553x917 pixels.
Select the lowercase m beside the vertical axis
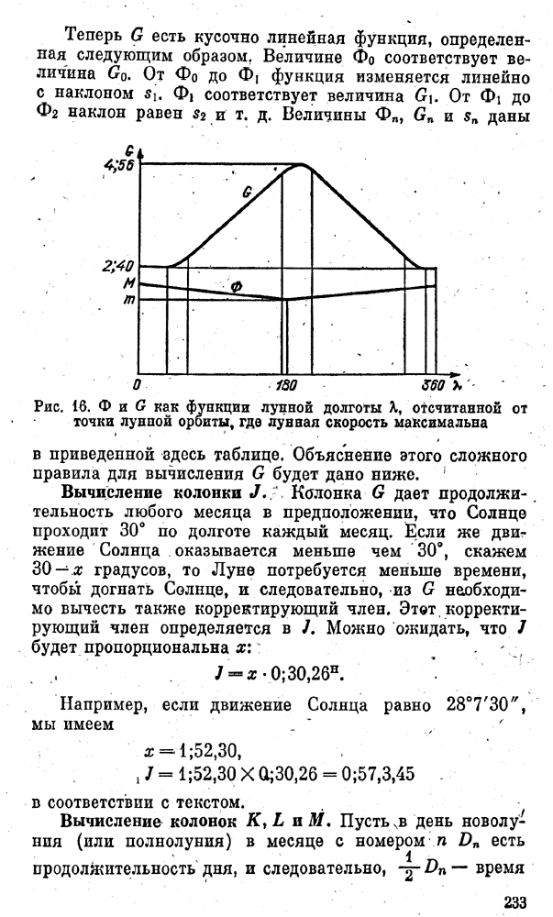pyautogui.click(x=130, y=300)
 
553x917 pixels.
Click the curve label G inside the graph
pyautogui.click(x=247, y=193)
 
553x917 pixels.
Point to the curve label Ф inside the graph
pyautogui.click(x=236, y=287)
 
